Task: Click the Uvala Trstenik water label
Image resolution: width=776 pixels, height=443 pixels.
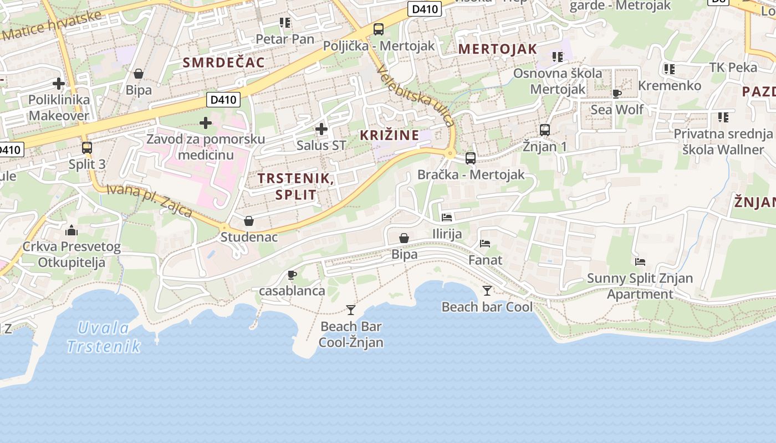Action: click(103, 337)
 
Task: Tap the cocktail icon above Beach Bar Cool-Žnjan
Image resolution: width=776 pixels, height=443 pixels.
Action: click(350, 310)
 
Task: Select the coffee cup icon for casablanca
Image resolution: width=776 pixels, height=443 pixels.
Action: click(292, 275)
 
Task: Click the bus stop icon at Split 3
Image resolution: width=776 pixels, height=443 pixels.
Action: click(87, 148)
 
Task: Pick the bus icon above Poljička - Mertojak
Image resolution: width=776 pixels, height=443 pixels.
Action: click(379, 29)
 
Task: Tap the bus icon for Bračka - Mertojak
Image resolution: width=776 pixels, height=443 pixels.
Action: click(471, 158)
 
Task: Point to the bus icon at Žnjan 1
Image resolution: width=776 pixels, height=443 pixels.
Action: click(545, 130)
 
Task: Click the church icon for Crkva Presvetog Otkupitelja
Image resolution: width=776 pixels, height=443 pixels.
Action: click(72, 230)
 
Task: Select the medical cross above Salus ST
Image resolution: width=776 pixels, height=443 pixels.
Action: click(321, 130)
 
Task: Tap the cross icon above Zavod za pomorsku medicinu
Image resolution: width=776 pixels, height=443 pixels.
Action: click(206, 122)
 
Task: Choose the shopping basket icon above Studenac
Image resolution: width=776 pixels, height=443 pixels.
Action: click(249, 221)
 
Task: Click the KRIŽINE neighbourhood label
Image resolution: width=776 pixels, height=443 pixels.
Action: click(389, 135)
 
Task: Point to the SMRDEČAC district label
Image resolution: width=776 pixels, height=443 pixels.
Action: click(224, 63)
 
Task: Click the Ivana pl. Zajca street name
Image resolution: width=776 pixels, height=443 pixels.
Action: click(149, 201)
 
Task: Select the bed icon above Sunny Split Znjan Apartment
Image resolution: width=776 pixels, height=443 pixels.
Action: click(640, 262)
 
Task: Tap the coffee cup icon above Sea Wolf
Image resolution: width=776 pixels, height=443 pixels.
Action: click(616, 94)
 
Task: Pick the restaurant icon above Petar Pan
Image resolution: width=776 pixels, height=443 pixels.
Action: click(285, 23)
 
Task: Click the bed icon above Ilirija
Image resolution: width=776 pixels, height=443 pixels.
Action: click(447, 218)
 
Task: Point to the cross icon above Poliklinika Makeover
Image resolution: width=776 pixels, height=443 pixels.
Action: click(59, 84)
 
